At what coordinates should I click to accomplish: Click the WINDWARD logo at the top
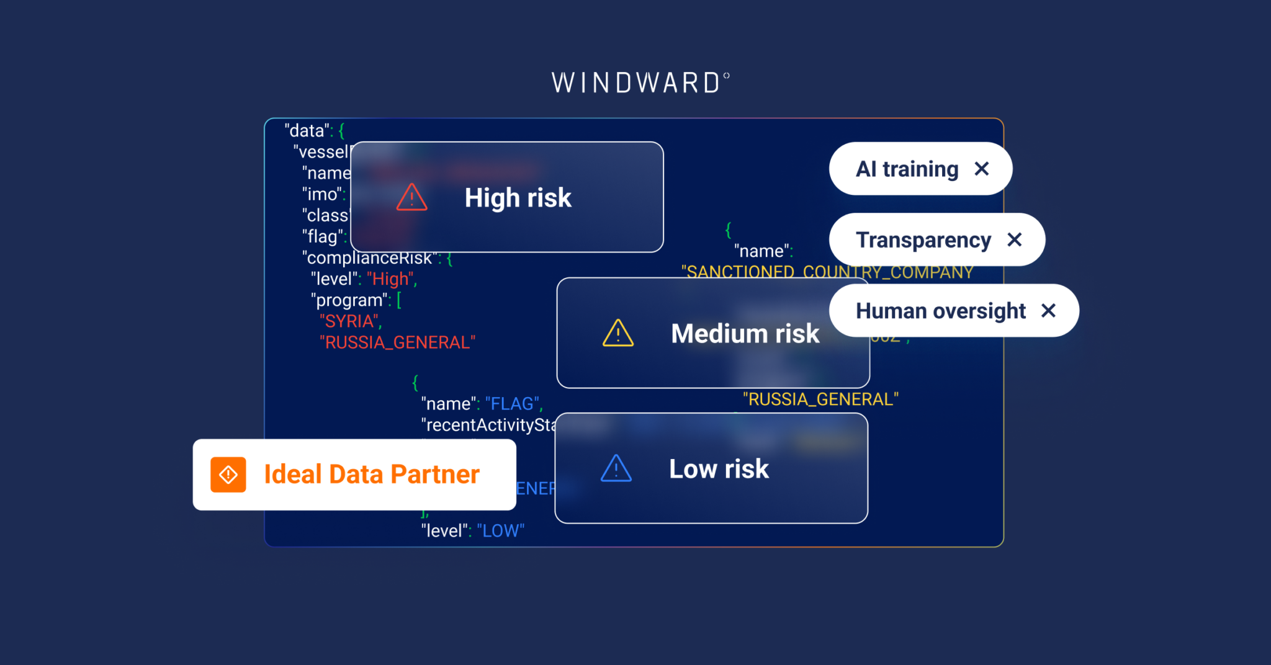click(x=640, y=83)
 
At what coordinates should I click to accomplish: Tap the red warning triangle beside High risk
click(x=412, y=198)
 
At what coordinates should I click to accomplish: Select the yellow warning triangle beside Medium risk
click(x=618, y=333)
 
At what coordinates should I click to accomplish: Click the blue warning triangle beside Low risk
click(x=616, y=469)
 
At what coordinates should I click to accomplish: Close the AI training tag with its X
click(x=981, y=169)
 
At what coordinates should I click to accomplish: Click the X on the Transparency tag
click(x=1014, y=239)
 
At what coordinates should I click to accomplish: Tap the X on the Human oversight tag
click(x=1048, y=310)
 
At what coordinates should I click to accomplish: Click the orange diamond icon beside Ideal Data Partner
click(x=228, y=475)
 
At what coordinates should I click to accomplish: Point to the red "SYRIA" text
click(x=349, y=321)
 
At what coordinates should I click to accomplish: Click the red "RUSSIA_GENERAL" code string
click(x=397, y=342)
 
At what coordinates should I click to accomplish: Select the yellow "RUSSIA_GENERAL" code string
click(x=820, y=399)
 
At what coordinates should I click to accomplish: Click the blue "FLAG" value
click(x=513, y=404)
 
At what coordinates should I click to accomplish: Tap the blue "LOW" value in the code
click(x=500, y=531)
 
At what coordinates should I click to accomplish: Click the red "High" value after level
click(x=390, y=279)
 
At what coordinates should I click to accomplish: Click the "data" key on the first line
click(x=307, y=131)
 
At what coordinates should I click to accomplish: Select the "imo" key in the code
click(x=323, y=195)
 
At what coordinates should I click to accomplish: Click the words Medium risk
click(x=745, y=334)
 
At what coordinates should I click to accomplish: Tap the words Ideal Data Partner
click(x=372, y=475)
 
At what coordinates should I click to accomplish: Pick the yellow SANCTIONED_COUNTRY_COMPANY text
click(x=827, y=272)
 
